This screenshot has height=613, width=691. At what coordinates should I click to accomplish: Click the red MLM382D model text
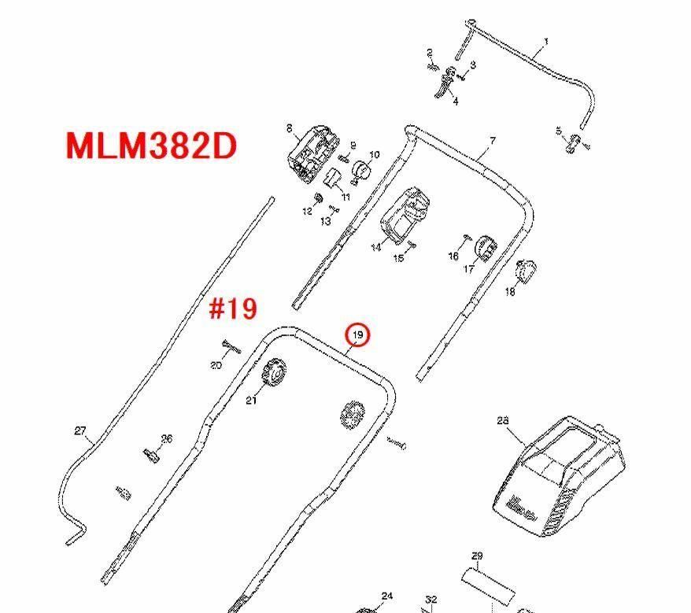click(151, 146)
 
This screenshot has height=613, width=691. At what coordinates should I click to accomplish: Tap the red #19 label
click(233, 308)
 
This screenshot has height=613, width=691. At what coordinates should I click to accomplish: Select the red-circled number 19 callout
click(358, 335)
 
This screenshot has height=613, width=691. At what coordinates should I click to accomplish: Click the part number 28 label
click(504, 421)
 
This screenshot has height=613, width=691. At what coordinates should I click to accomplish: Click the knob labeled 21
click(275, 371)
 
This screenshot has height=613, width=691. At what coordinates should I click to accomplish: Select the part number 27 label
click(80, 430)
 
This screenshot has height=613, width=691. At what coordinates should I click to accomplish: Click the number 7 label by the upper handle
click(493, 141)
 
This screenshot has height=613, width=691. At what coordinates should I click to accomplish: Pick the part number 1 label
click(546, 41)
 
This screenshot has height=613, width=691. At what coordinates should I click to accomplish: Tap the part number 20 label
click(216, 365)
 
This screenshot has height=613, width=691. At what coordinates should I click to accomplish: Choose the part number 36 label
click(166, 439)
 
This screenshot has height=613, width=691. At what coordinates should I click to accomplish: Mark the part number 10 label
click(375, 155)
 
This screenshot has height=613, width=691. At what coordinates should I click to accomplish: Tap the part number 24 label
click(386, 596)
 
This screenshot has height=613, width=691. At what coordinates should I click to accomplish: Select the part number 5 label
click(559, 131)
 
